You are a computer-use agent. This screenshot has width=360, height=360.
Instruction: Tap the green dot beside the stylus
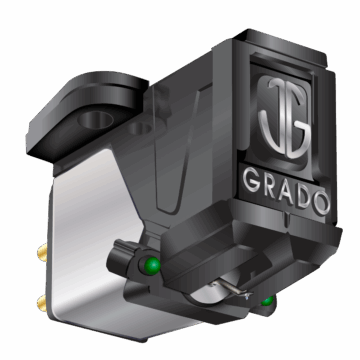[266, 301]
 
